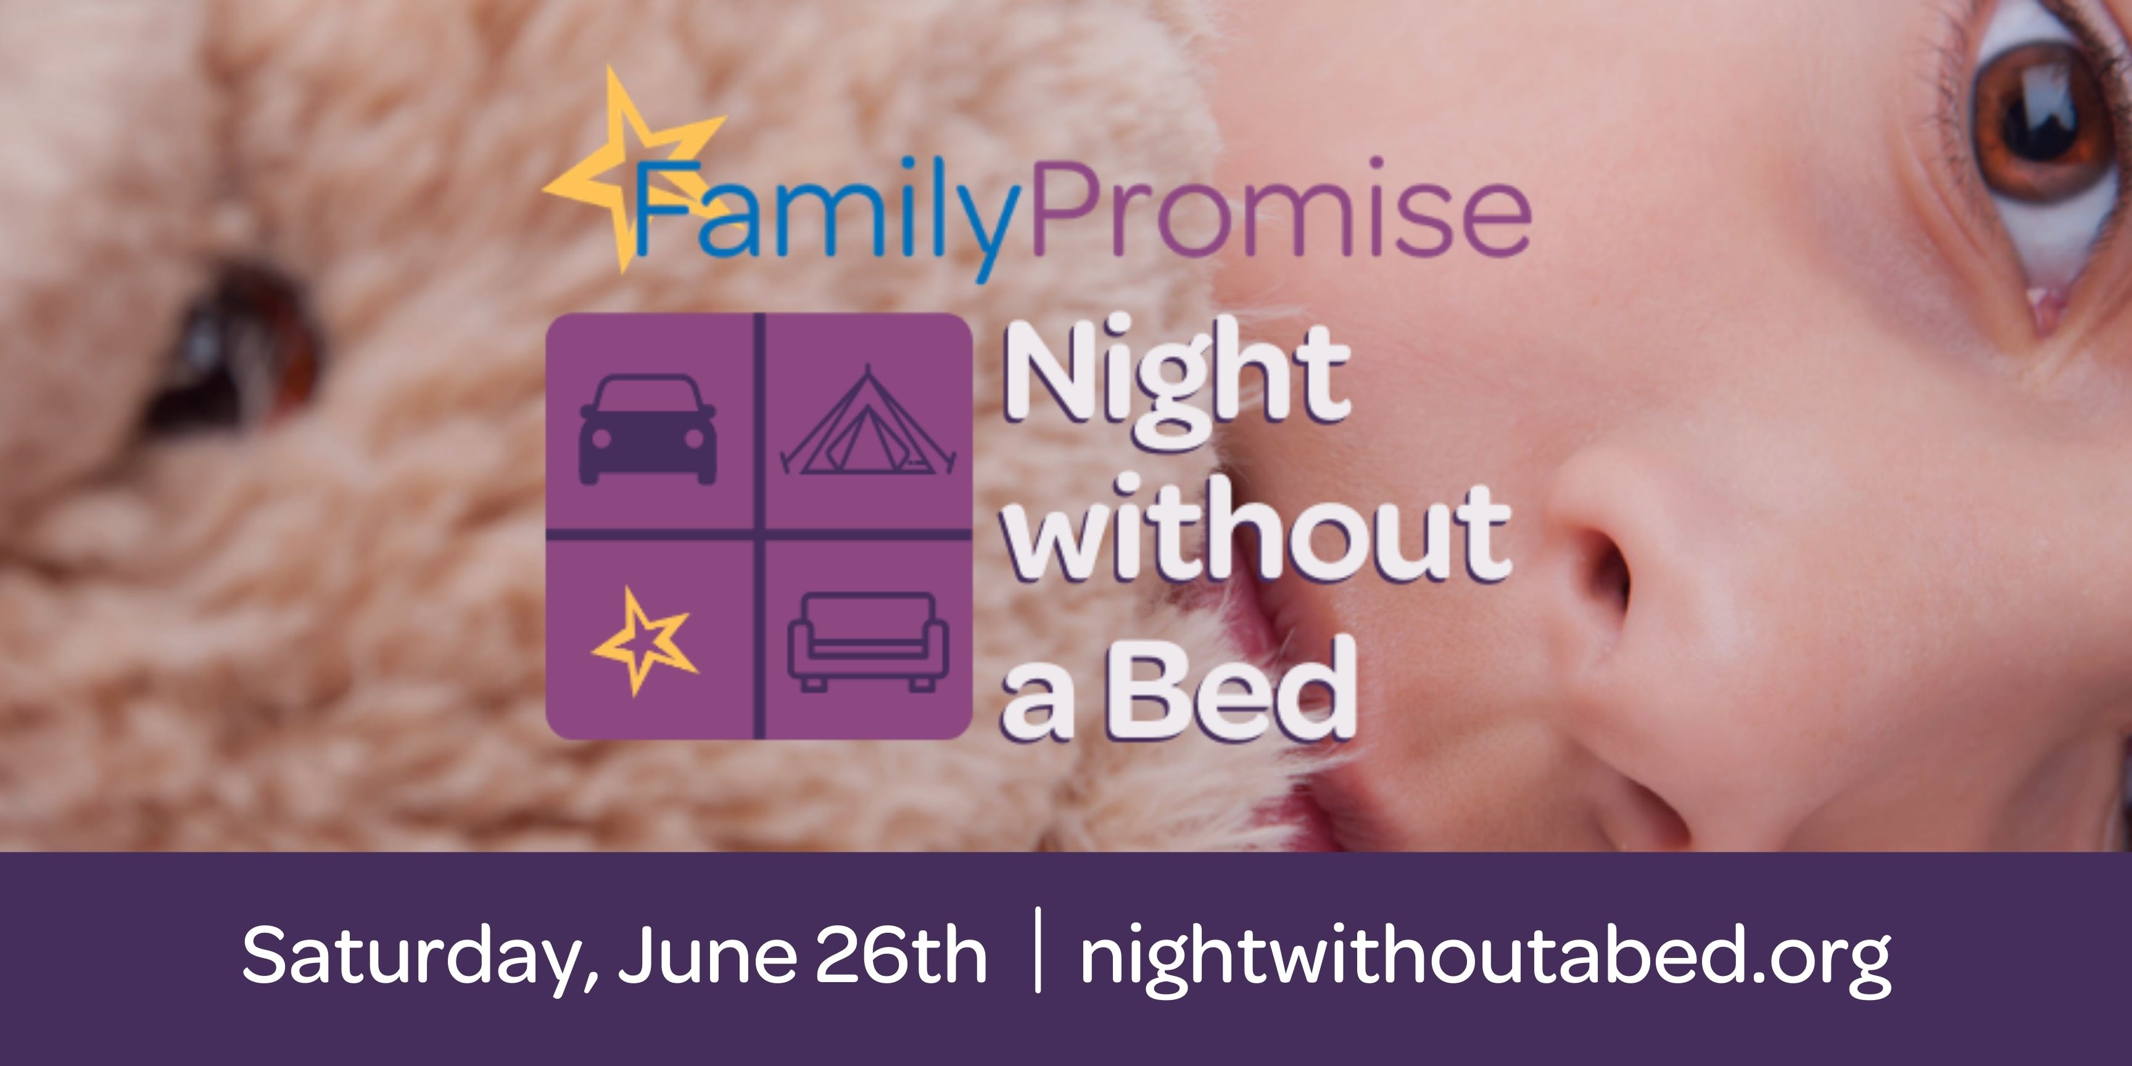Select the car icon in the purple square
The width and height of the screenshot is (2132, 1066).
[648, 429]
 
